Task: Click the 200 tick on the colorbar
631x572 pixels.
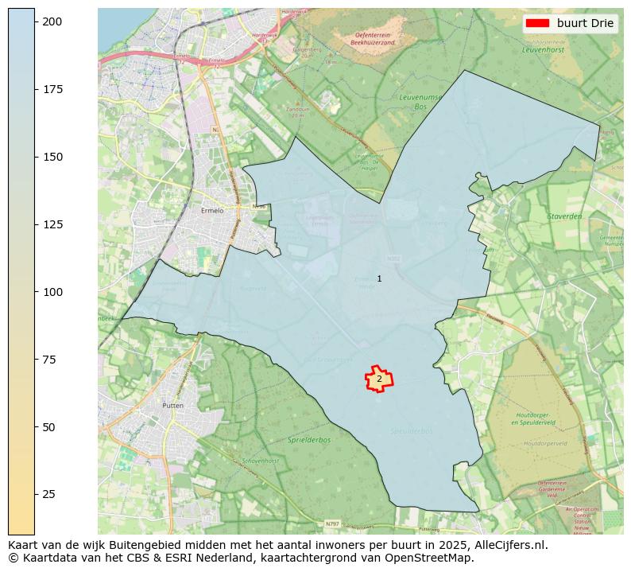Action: pos(35,21)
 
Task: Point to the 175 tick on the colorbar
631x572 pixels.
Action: pos(35,89)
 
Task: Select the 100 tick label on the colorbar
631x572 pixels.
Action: pos(52,292)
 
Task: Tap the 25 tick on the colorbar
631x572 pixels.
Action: pos(35,494)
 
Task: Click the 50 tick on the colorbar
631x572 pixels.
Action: pos(35,427)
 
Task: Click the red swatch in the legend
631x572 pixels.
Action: pos(538,23)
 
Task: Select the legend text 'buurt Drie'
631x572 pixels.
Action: pos(585,23)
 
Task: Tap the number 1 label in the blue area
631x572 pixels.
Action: pos(379,278)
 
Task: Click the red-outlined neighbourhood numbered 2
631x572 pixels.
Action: pos(379,379)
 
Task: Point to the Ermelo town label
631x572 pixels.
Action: pos(212,211)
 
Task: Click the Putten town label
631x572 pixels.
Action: pos(172,406)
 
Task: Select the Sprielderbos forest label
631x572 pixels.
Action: pos(309,440)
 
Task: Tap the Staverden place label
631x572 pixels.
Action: pos(564,216)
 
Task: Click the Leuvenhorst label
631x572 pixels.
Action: pos(542,49)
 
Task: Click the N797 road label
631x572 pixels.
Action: pos(332,524)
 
